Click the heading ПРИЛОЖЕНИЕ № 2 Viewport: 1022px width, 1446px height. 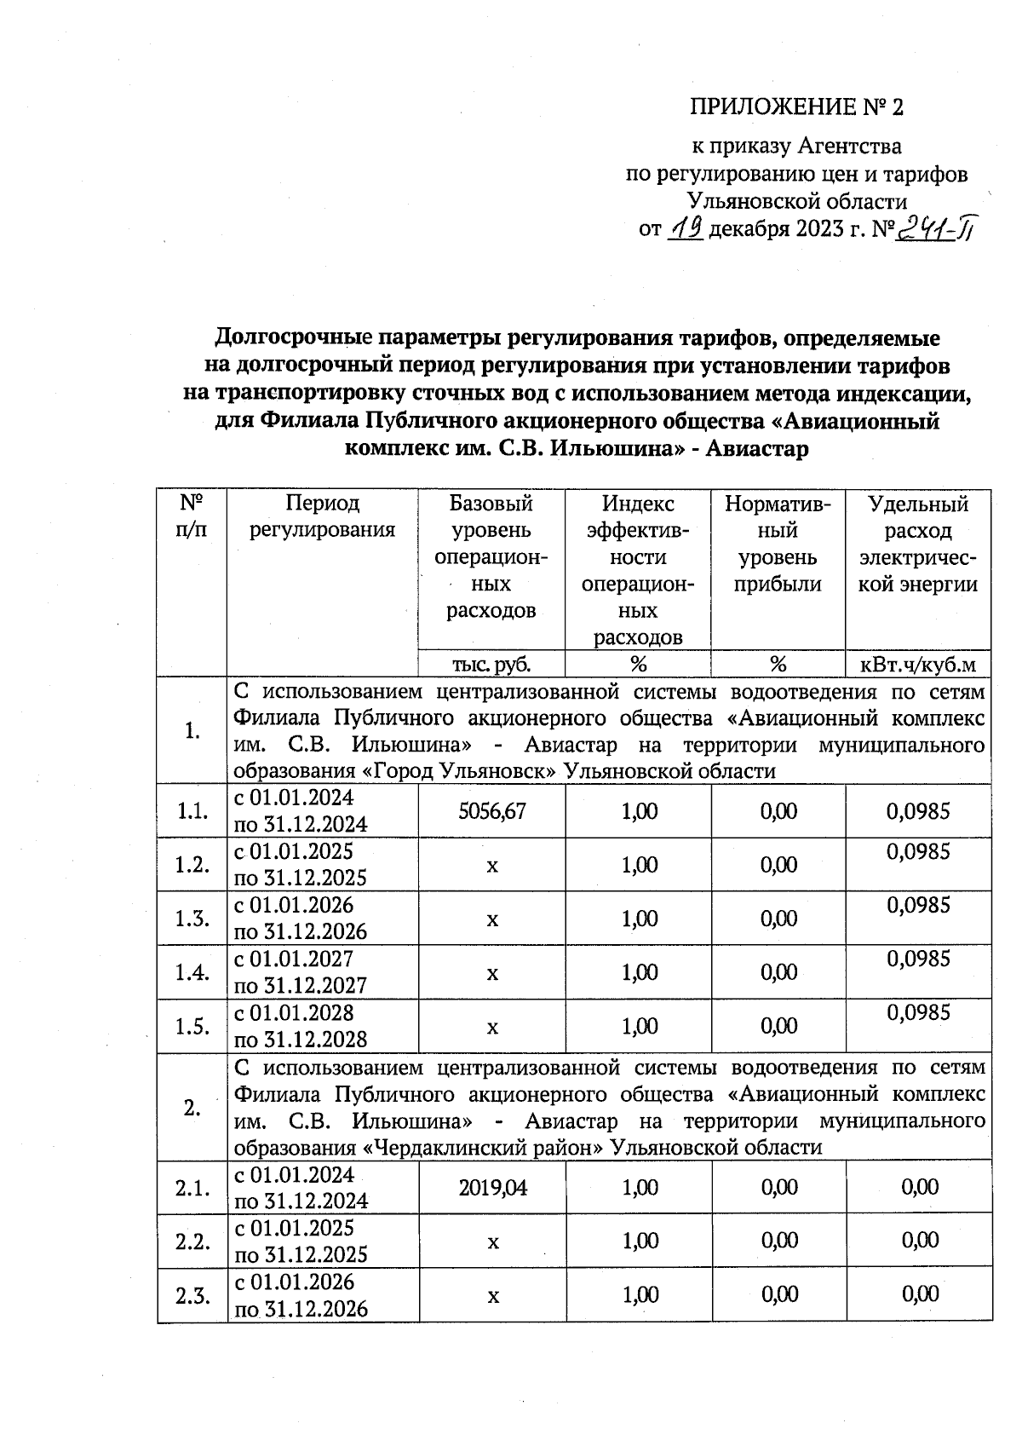[x=795, y=107]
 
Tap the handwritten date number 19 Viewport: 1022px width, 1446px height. [x=684, y=228]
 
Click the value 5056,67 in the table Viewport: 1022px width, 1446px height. [x=491, y=811]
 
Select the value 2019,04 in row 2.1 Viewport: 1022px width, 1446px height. [x=492, y=1187]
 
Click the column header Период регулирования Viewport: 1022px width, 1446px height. [x=322, y=516]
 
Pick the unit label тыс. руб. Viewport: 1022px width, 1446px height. [x=491, y=664]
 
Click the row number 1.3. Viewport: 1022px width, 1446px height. [x=192, y=919]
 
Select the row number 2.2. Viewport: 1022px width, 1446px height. [x=192, y=1241]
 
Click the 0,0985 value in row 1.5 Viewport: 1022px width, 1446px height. [x=917, y=1013]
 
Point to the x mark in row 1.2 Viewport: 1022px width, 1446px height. [x=491, y=866]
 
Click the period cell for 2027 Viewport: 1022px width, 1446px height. [x=301, y=972]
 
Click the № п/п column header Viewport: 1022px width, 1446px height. [x=192, y=516]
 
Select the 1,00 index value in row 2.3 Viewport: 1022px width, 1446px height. [x=640, y=1295]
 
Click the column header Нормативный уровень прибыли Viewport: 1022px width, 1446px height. [x=778, y=544]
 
